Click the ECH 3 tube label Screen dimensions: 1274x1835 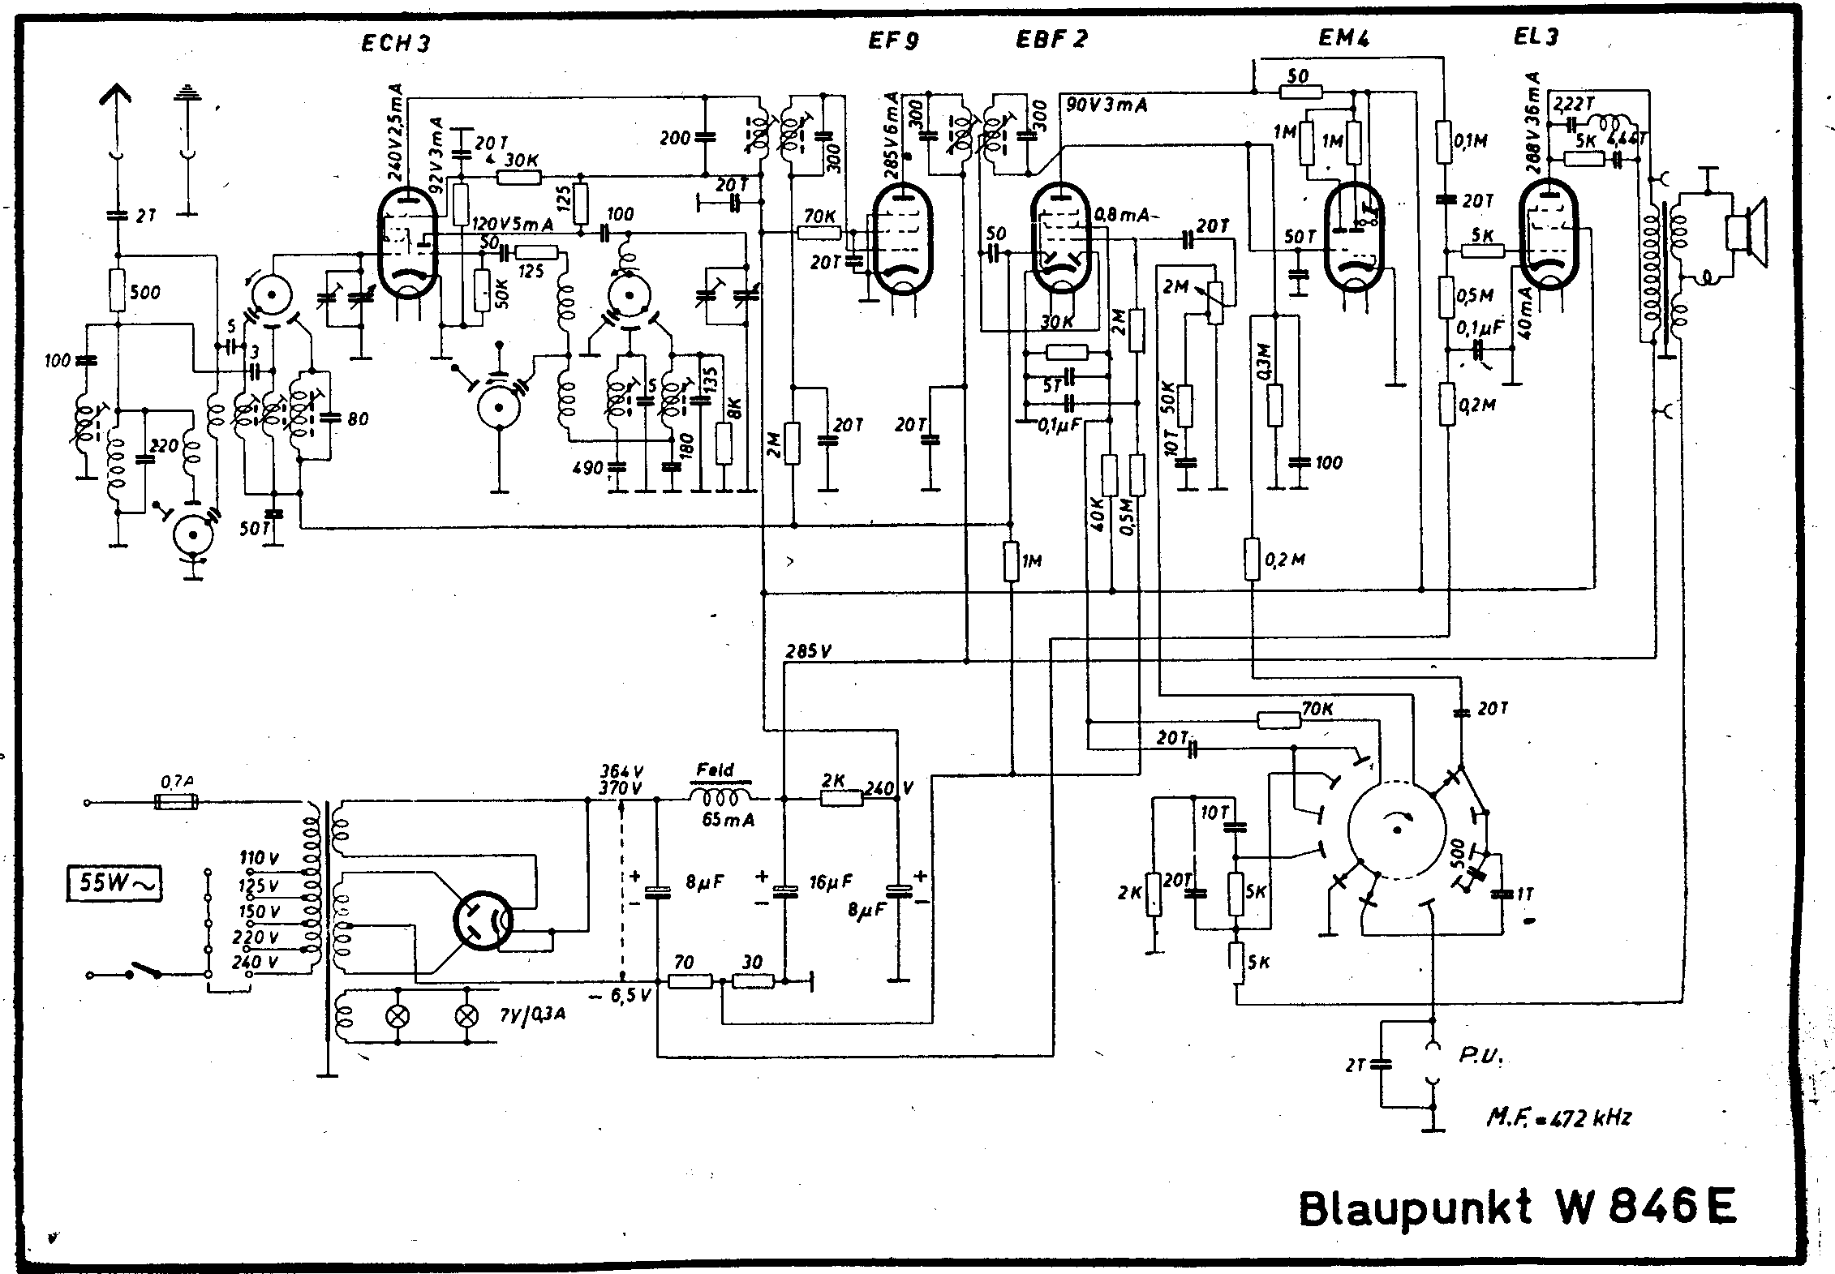pos(396,42)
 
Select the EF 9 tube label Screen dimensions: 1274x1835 pos(893,41)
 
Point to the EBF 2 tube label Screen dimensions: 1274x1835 pos(1051,39)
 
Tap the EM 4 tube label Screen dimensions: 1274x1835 pos(1344,37)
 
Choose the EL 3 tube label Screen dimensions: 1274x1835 pos(1536,36)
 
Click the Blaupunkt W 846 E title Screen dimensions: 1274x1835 pos(1517,1230)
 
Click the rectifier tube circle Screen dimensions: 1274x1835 pos(482,920)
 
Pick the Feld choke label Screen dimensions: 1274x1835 pos(715,770)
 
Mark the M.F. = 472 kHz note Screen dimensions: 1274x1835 pos(1558,1117)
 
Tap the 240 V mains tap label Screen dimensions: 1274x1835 pos(260,963)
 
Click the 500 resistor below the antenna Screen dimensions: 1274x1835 pos(118,292)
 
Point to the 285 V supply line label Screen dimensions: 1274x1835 pos(808,651)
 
